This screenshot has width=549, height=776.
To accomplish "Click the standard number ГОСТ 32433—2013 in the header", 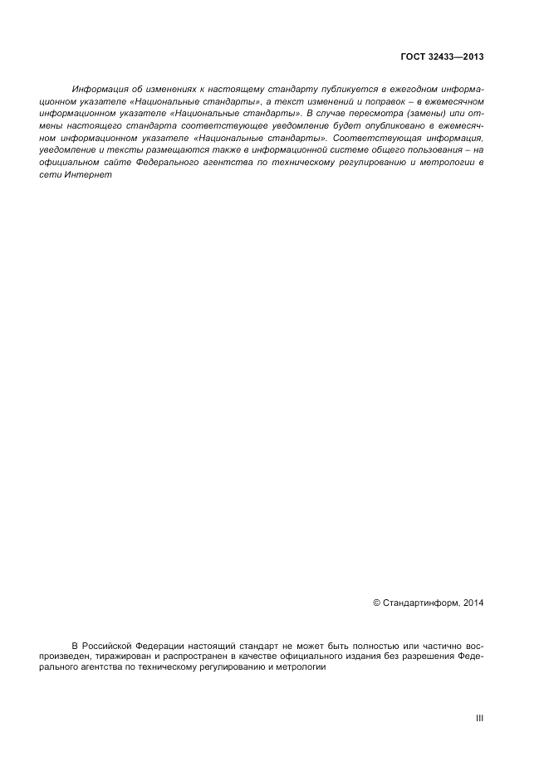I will click(442, 57).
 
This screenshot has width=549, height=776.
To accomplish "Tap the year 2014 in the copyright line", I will click(473, 603).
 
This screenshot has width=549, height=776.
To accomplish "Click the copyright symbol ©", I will click(377, 603).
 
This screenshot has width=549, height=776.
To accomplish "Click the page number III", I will click(479, 720).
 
